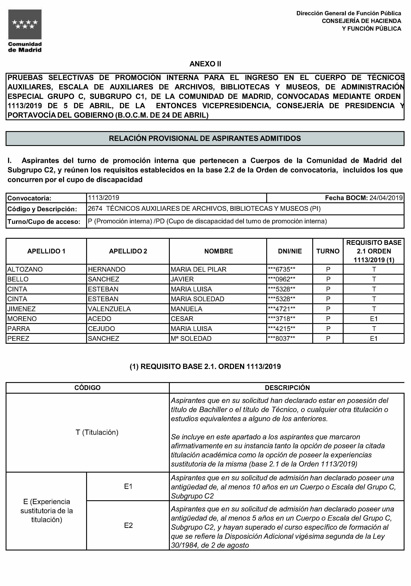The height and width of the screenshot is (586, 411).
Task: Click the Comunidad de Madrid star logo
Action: (25, 25)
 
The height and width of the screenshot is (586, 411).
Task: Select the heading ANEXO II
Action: (205, 64)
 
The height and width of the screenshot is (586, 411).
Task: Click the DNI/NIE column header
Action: (290, 251)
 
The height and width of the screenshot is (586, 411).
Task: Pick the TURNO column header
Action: (328, 251)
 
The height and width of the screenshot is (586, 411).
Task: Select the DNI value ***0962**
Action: (282, 279)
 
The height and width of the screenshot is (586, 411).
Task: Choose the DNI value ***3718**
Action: (282, 319)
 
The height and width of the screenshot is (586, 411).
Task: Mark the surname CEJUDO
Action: (101, 329)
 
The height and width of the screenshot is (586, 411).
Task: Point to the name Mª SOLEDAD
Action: (191, 339)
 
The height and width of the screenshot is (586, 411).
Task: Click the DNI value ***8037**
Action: (282, 339)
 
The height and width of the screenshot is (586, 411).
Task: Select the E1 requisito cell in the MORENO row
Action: (374, 319)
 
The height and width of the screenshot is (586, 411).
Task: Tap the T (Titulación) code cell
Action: (97, 432)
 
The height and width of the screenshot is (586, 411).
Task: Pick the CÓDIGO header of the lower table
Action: (87, 388)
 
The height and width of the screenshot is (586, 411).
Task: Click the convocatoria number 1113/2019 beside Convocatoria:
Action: (104, 198)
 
